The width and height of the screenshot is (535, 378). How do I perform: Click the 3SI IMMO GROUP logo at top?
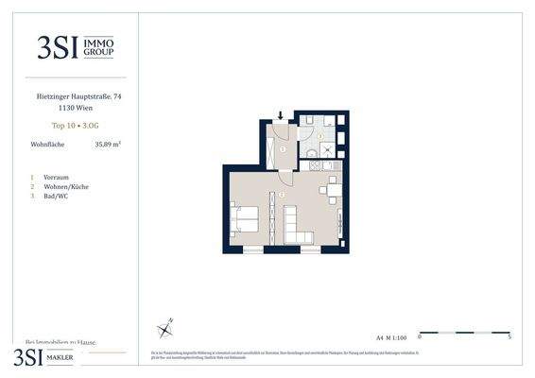tap(75, 46)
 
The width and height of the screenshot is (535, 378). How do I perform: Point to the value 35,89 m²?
tap(108, 145)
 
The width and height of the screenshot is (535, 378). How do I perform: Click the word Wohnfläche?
tap(47, 145)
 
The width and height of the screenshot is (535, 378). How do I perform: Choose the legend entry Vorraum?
tap(57, 177)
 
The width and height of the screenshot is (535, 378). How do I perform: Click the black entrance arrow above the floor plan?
tap(280, 117)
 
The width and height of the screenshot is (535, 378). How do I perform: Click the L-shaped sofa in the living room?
tap(300, 230)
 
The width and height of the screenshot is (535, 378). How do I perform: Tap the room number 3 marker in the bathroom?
tap(320, 136)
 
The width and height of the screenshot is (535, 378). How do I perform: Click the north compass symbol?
tap(166, 327)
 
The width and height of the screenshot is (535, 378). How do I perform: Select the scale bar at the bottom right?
tap(463, 332)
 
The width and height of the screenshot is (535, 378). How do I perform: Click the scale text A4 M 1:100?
tap(391, 335)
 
